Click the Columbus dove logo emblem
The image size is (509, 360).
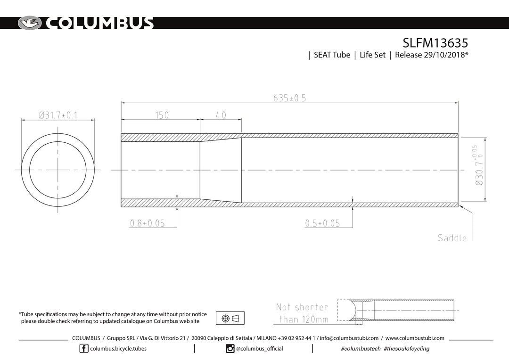coord(30,23)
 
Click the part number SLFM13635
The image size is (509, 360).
coord(435,43)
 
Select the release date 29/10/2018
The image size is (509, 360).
coord(444,55)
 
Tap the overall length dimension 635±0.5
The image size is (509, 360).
coord(289,98)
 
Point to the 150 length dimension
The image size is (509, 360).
coord(162,115)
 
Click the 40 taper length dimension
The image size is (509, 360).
coord(221,115)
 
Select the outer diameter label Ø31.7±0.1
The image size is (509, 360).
coord(58,115)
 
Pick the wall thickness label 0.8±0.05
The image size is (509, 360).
coord(148,223)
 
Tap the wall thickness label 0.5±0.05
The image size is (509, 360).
coord(322,223)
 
